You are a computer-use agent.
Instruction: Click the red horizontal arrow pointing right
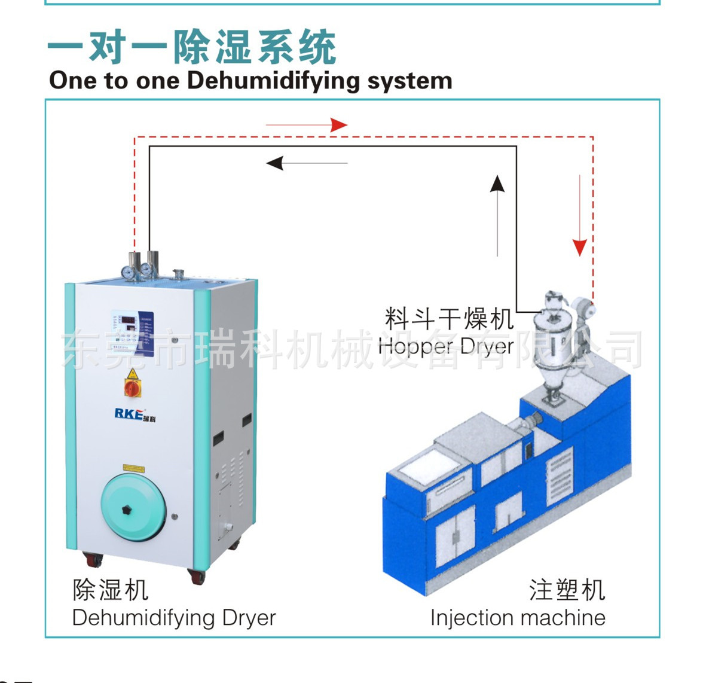(x=307, y=125)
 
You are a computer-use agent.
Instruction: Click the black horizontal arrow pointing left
(x=306, y=163)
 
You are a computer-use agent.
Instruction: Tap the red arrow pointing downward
(x=580, y=215)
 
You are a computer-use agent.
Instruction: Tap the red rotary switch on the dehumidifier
(x=132, y=388)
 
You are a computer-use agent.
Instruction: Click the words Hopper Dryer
(x=446, y=346)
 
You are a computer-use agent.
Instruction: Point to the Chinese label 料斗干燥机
(x=449, y=319)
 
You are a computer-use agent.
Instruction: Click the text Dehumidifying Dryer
(x=174, y=618)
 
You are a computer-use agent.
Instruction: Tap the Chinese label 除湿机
(x=111, y=590)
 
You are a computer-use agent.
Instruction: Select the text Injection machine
(x=518, y=618)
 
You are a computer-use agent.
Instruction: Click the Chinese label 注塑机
(x=567, y=590)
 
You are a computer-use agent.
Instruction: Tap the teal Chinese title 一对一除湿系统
(x=192, y=47)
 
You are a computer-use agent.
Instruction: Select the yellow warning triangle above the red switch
(x=133, y=374)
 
